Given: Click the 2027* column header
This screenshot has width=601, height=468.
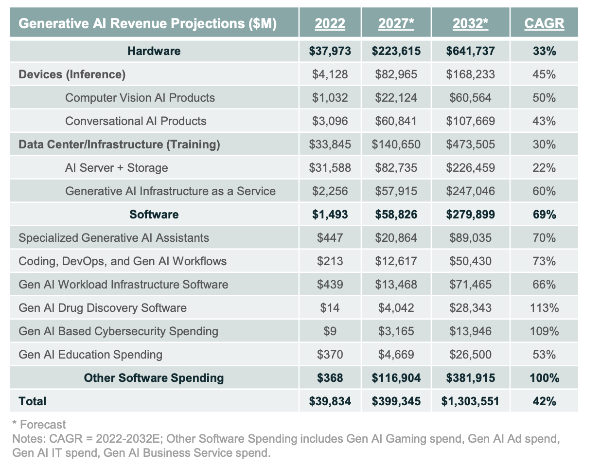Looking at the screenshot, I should [396, 23].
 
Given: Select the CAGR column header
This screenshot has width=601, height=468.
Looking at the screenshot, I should [544, 23].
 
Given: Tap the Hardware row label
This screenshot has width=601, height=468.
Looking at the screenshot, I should [154, 51].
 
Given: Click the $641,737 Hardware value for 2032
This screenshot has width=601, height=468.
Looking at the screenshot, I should [470, 51].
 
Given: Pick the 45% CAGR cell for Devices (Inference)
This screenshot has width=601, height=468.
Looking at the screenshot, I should [544, 74].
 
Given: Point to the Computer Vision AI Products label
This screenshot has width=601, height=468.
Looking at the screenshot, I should [140, 98].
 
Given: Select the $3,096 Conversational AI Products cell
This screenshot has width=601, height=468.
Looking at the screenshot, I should [330, 121].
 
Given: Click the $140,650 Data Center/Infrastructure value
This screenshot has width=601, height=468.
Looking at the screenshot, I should [396, 144].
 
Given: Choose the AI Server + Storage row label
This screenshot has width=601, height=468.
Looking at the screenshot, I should [117, 168].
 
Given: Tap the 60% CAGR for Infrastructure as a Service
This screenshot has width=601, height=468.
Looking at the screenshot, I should [544, 191].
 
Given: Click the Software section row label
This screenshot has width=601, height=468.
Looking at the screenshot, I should [154, 215].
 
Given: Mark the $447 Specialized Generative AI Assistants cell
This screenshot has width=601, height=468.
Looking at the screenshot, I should [330, 238].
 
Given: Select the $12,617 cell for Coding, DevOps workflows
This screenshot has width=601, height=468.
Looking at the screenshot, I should [396, 261].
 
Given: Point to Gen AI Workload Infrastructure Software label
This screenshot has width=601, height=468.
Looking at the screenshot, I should [123, 285].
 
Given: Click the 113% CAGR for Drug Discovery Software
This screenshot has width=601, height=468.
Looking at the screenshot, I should [544, 308].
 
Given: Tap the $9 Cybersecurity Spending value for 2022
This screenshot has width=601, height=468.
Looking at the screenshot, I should [330, 331].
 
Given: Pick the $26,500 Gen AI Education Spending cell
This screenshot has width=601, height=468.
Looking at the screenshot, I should [470, 355].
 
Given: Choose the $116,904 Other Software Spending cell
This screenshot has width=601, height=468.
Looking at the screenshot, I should [396, 378].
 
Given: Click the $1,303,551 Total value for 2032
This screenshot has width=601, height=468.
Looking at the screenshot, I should [470, 401].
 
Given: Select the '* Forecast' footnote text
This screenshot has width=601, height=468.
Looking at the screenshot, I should [39, 425].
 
